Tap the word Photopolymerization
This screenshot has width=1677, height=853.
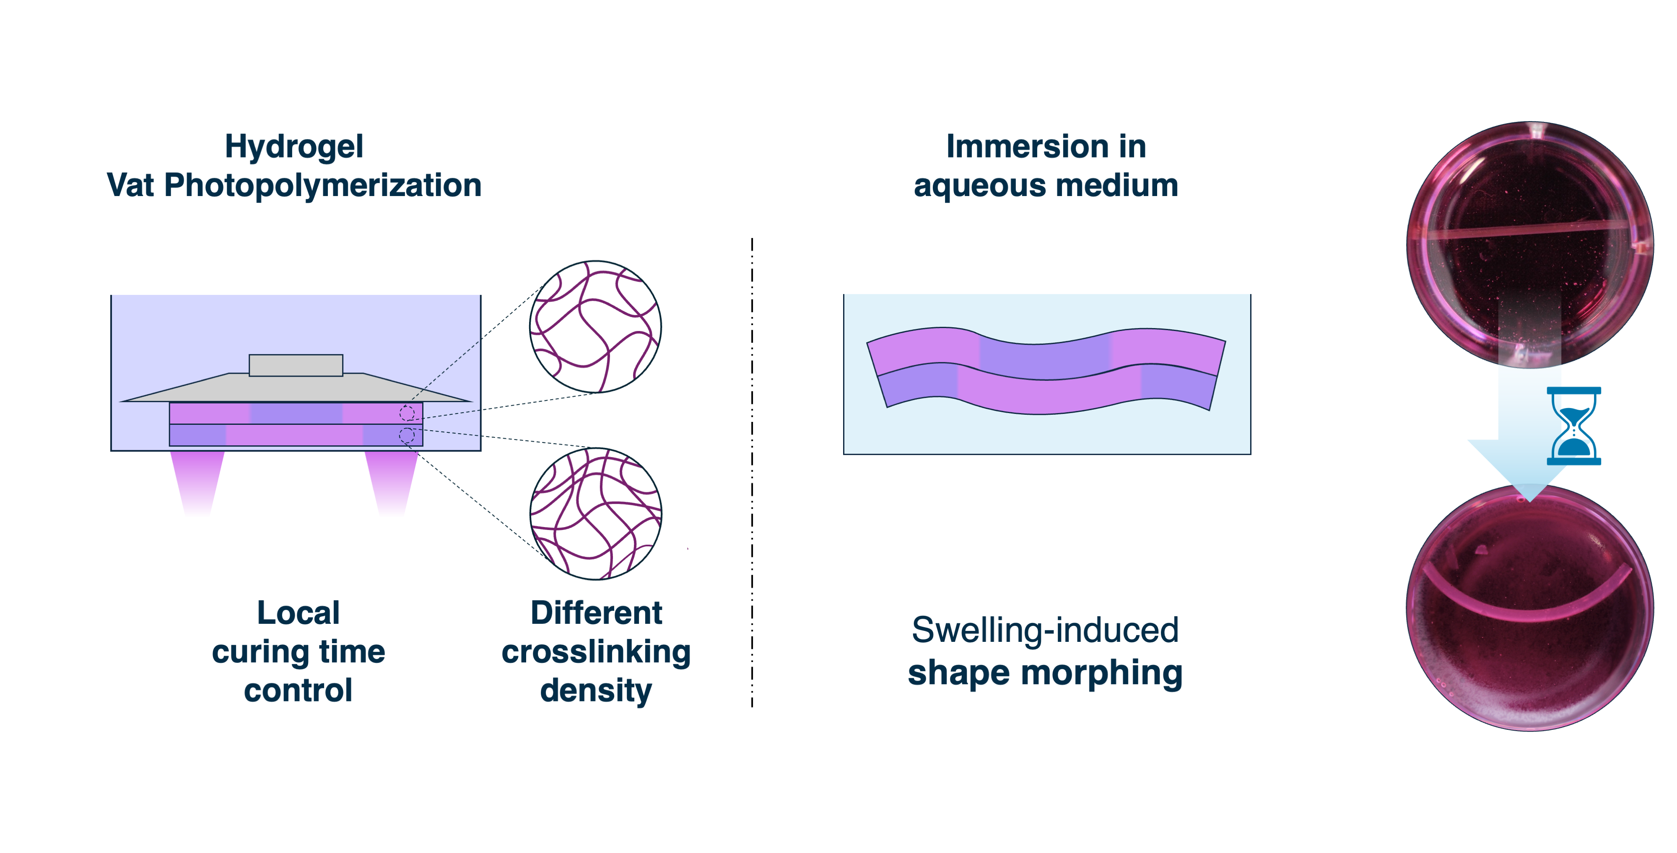click(322, 186)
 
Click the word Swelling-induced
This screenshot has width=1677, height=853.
click(1045, 630)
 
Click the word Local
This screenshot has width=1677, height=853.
click(298, 613)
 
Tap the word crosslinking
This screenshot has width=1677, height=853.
click(596, 652)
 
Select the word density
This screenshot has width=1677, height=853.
click(596, 690)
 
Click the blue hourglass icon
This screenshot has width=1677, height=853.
click(1573, 426)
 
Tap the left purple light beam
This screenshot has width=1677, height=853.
click(197, 481)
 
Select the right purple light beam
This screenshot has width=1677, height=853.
click(391, 481)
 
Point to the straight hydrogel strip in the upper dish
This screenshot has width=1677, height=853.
click(1530, 230)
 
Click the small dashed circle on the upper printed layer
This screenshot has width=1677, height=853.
click(407, 413)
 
